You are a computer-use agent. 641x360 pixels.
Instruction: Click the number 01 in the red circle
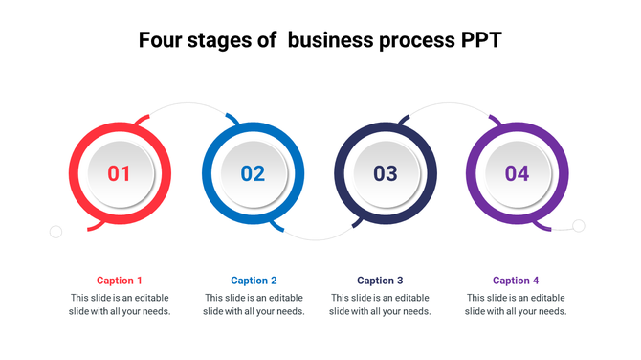119,174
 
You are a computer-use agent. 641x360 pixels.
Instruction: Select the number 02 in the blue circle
253,174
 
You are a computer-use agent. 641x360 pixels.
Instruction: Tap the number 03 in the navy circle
385,174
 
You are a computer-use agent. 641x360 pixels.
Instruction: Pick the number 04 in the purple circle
517,174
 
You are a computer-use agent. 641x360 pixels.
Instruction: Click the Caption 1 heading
120,281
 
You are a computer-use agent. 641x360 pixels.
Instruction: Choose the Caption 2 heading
254,281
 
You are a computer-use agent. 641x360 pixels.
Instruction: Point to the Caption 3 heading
380,281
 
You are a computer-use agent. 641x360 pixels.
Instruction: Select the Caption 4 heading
516,281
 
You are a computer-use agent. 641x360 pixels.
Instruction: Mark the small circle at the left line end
55,232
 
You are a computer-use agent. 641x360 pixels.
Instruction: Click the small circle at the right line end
579,226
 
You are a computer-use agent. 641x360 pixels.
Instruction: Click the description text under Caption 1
120,304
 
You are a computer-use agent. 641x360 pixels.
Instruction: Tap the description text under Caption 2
254,304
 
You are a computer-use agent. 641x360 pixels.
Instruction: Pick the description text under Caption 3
380,304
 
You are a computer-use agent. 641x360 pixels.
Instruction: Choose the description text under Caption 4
516,304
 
